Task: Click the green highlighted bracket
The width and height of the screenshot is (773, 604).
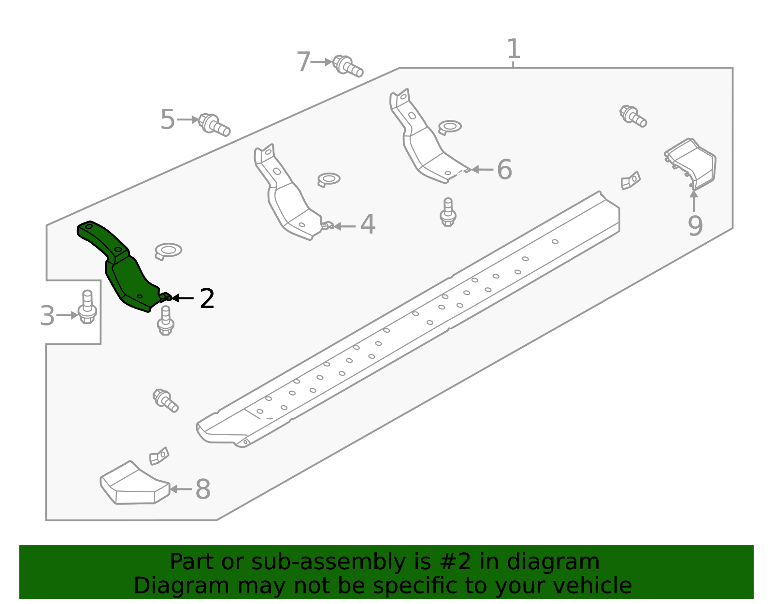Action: click(123, 271)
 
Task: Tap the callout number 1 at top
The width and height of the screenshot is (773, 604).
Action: click(514, 49)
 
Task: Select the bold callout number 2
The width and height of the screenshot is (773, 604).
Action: click(207, 299)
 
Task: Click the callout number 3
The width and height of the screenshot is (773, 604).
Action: click(47, 316)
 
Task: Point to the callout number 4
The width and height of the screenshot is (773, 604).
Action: click(368, 225)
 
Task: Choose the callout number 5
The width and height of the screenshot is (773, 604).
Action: click(167, 119)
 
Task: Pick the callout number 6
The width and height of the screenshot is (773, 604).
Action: click(504, 170)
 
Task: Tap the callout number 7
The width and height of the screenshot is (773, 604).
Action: click(303, 62)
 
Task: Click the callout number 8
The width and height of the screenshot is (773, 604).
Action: click(203, 489)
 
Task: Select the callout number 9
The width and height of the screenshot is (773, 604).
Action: click(695, 226)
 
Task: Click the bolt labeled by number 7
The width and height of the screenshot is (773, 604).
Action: click(348, 66)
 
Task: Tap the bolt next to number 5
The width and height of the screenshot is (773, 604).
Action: click(214, 124)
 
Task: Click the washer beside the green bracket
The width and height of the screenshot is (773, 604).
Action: click(169, 250)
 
